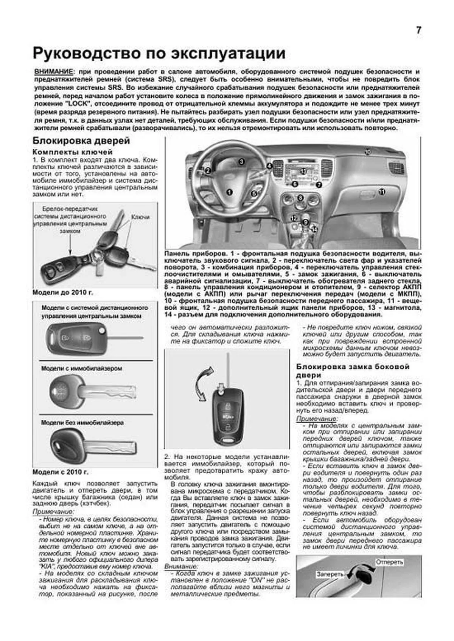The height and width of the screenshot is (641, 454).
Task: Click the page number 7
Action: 418,31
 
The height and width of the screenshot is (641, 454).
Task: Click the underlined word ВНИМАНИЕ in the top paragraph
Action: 53,72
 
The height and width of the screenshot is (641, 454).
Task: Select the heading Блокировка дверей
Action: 81,141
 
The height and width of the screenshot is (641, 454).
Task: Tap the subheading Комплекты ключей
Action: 72,152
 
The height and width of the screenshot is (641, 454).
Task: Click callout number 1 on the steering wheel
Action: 229,192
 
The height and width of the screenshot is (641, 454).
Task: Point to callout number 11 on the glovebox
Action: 382,192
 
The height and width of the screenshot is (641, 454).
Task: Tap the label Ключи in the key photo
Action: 140,217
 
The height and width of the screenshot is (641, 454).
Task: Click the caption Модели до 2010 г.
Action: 62,293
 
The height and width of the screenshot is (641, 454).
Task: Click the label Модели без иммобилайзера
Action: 82,423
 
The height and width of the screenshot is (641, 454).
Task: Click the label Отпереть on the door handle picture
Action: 389,562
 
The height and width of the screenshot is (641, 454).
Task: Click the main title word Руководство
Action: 86,53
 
